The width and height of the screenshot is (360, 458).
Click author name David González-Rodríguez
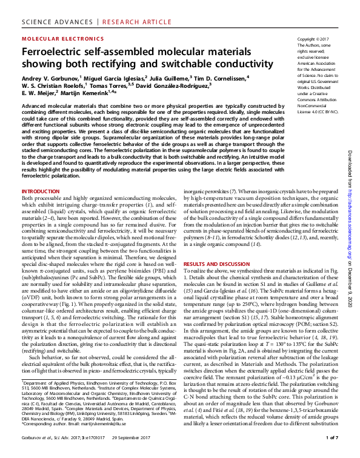pyautogui.click(x=173, y=85)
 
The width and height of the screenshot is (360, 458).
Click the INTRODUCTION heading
pyautogui.click(x=41, y=192)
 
